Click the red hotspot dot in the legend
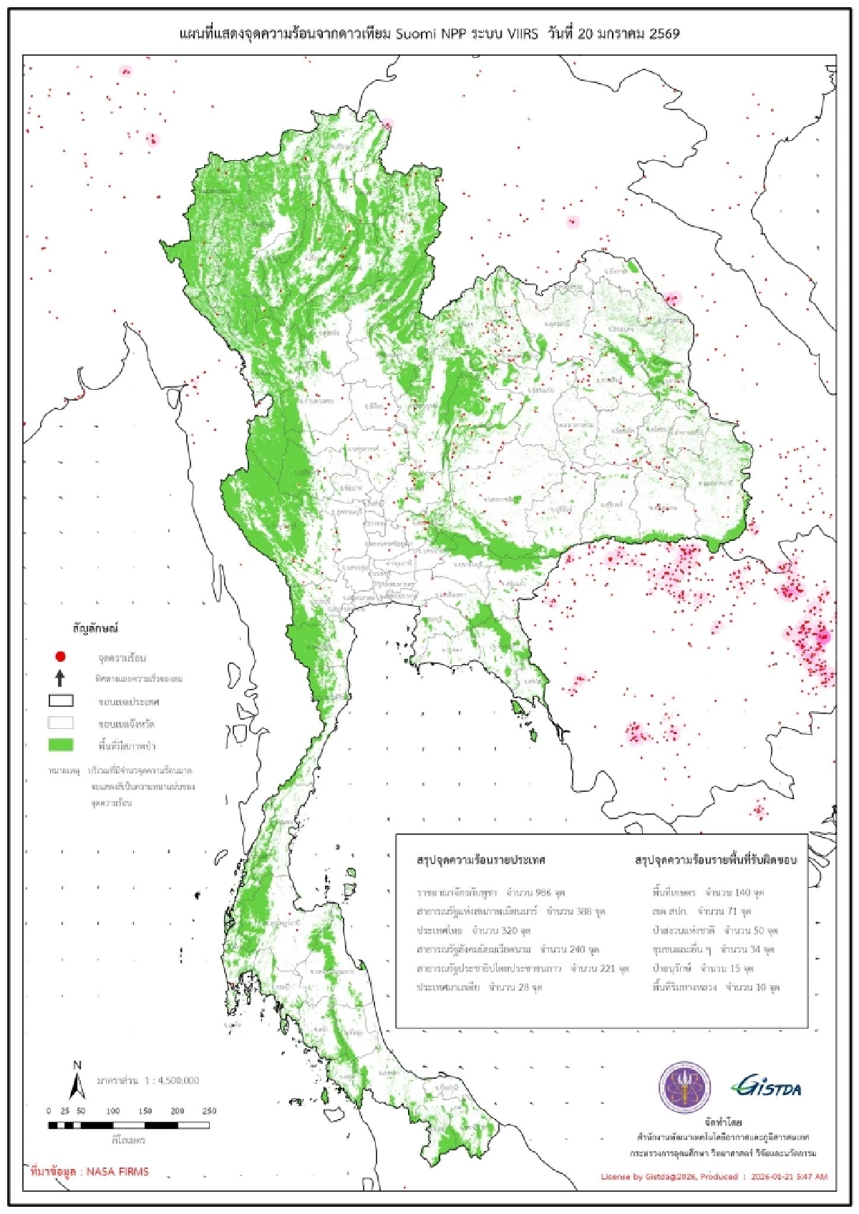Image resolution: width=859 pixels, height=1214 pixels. coord(61,656)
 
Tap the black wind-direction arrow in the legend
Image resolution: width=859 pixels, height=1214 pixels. coord(61,677)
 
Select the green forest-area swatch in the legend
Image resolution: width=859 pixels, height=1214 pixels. coord(61,745)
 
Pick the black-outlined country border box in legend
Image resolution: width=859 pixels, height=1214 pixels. coord(61,700)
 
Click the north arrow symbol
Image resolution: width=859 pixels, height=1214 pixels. coord(77,1081)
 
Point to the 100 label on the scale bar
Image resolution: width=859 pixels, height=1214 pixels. coord(113,1111)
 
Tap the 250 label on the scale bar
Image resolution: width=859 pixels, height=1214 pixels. coord(209,1111)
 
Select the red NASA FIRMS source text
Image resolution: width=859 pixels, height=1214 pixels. coord(89,1172)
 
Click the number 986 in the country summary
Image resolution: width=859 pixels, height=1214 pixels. coord(543,893)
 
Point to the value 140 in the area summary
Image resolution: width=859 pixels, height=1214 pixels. coord(742,893)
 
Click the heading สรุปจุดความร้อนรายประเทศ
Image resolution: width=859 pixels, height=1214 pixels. coord(481,860)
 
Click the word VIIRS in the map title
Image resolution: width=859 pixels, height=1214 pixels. coord(521,34)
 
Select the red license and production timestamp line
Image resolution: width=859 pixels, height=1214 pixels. coord(714,1176)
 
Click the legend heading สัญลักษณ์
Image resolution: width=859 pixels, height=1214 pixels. coord(95,628)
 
